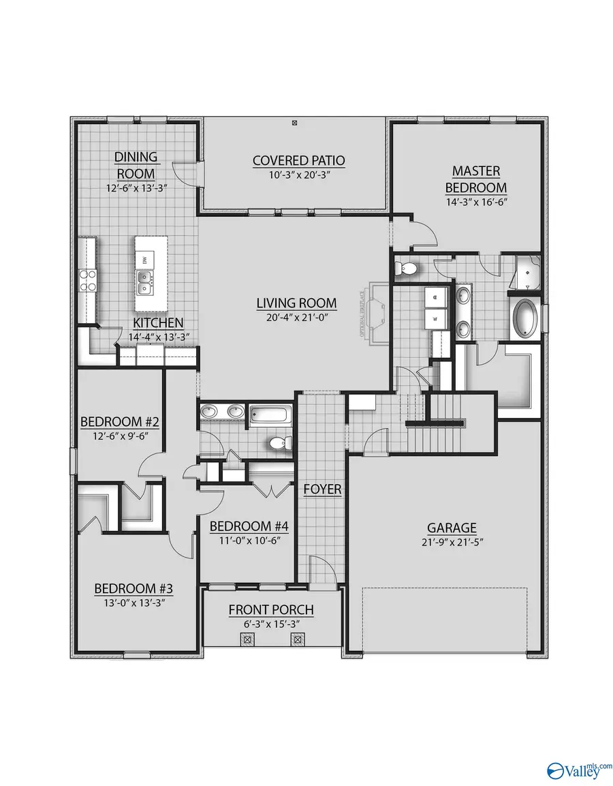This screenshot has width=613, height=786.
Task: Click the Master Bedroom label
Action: pos(476,179)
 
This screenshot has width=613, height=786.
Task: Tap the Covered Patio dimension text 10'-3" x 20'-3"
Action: pos(298,175)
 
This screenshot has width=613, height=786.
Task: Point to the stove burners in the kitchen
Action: pos(88,280)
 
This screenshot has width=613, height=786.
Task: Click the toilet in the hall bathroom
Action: pos(279,444)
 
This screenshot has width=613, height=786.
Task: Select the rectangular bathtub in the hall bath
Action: pos(270,414)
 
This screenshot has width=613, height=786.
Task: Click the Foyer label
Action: pos(322,489)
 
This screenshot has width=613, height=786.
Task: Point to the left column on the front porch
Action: pos(247,639)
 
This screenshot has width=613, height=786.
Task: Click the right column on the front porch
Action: pos(297,639)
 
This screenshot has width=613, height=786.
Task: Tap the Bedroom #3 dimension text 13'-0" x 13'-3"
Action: pos(129,603)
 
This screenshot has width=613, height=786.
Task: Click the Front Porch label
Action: pos(271,609)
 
